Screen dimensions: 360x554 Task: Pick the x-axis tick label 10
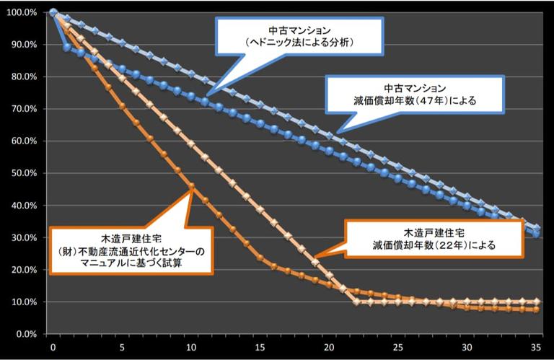[x=192, y=347]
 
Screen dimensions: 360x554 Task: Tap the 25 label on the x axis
[x=399, y=347]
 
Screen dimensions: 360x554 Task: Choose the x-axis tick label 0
[x=53, y=347]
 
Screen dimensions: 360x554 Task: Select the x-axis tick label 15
[x=260, y=347]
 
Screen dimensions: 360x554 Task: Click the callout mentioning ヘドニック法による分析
[x=300, y=37]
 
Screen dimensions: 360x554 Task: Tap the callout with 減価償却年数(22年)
[x=432, y=240]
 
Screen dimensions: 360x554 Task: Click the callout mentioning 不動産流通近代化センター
[x=131, y=250]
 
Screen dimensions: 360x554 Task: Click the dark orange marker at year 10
[x=192, y=187]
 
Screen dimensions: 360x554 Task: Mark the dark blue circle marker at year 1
[x=67, y=47]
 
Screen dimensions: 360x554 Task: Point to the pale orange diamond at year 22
[x=357, y=302]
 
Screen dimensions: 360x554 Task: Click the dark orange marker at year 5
[x=123, y=106]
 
